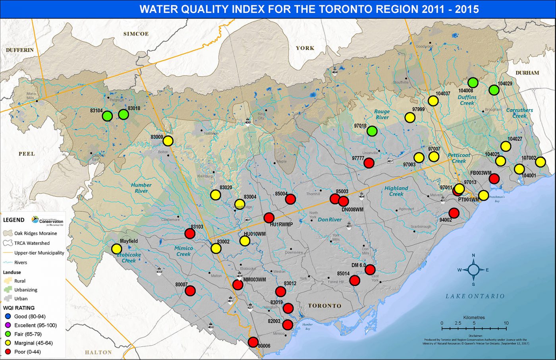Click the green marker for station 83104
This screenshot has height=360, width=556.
[107, 116]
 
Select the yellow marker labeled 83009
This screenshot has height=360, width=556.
[168, 141]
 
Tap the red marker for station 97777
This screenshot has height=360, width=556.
[369, 163]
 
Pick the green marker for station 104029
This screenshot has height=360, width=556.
[494, 90]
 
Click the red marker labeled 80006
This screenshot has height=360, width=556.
[253, 342]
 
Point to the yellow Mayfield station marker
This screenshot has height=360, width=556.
[116, 249]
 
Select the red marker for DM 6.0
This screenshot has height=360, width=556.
[370, 270]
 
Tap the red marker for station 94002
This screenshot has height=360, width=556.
[454, 213]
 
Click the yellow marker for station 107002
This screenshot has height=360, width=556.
[540, 162]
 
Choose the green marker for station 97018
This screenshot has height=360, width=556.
[372, 131]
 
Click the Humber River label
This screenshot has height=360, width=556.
[141, 188]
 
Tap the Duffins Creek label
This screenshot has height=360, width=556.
[467, 100]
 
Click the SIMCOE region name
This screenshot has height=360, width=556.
[136, 34]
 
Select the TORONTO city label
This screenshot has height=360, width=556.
[325, 306]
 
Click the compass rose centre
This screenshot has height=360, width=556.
[473, 270]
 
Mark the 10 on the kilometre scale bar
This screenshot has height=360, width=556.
[506, 323]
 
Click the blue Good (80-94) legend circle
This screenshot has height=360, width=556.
[8, 317]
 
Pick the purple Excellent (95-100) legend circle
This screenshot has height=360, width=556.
[8, 325]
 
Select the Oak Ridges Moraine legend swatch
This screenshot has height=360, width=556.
[8, 233]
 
